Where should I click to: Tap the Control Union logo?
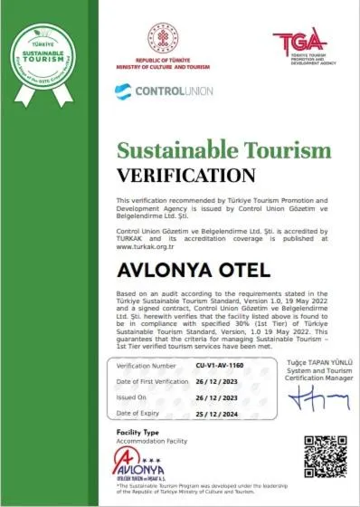pos(162,91)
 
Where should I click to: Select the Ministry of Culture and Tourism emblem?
pos(158,39)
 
